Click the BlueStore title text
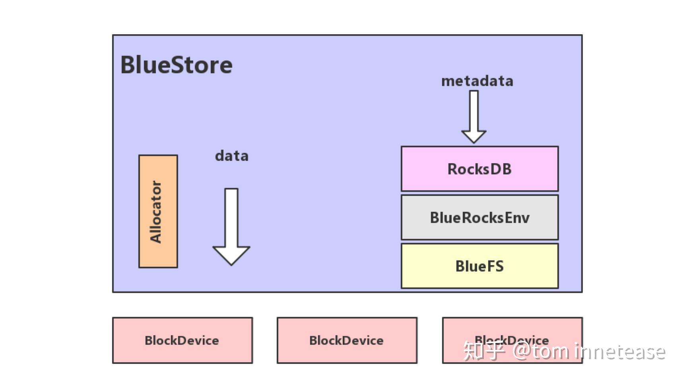176,65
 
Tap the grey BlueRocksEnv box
479,218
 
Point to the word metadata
477,81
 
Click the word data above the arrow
232,156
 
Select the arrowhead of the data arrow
231,255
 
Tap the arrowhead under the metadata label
473,136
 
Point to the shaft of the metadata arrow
473,109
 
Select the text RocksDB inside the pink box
479,169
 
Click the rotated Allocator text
156,211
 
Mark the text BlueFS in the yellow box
479,266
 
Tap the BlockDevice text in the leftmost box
182,340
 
